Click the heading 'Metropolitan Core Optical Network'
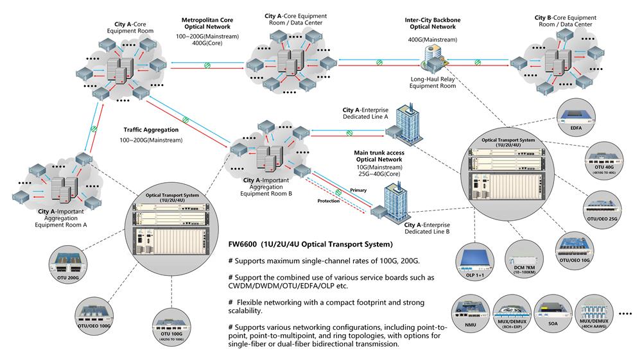[x=208, y=24]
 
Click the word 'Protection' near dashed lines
[x=329, y=201]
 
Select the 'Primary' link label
[x=358, y=191]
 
